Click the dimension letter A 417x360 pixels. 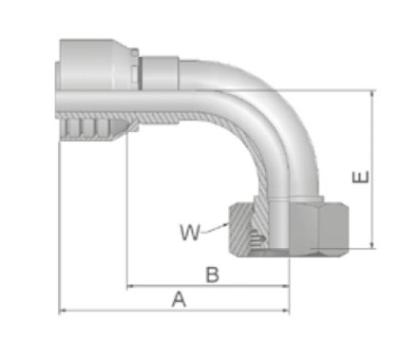tap(179, 299)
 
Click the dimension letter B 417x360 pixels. tap(213, 275)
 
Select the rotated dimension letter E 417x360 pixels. tap(361, 177)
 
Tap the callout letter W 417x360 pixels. tap(190, 232)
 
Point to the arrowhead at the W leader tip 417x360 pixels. tap(226, 224)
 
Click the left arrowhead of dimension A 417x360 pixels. tap(63, 311)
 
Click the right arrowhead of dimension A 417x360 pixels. tap(286, 311)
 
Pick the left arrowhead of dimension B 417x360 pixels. tap(130, 286)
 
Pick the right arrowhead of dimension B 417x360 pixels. tap(286, 286)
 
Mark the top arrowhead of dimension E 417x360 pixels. tap(373, 94)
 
